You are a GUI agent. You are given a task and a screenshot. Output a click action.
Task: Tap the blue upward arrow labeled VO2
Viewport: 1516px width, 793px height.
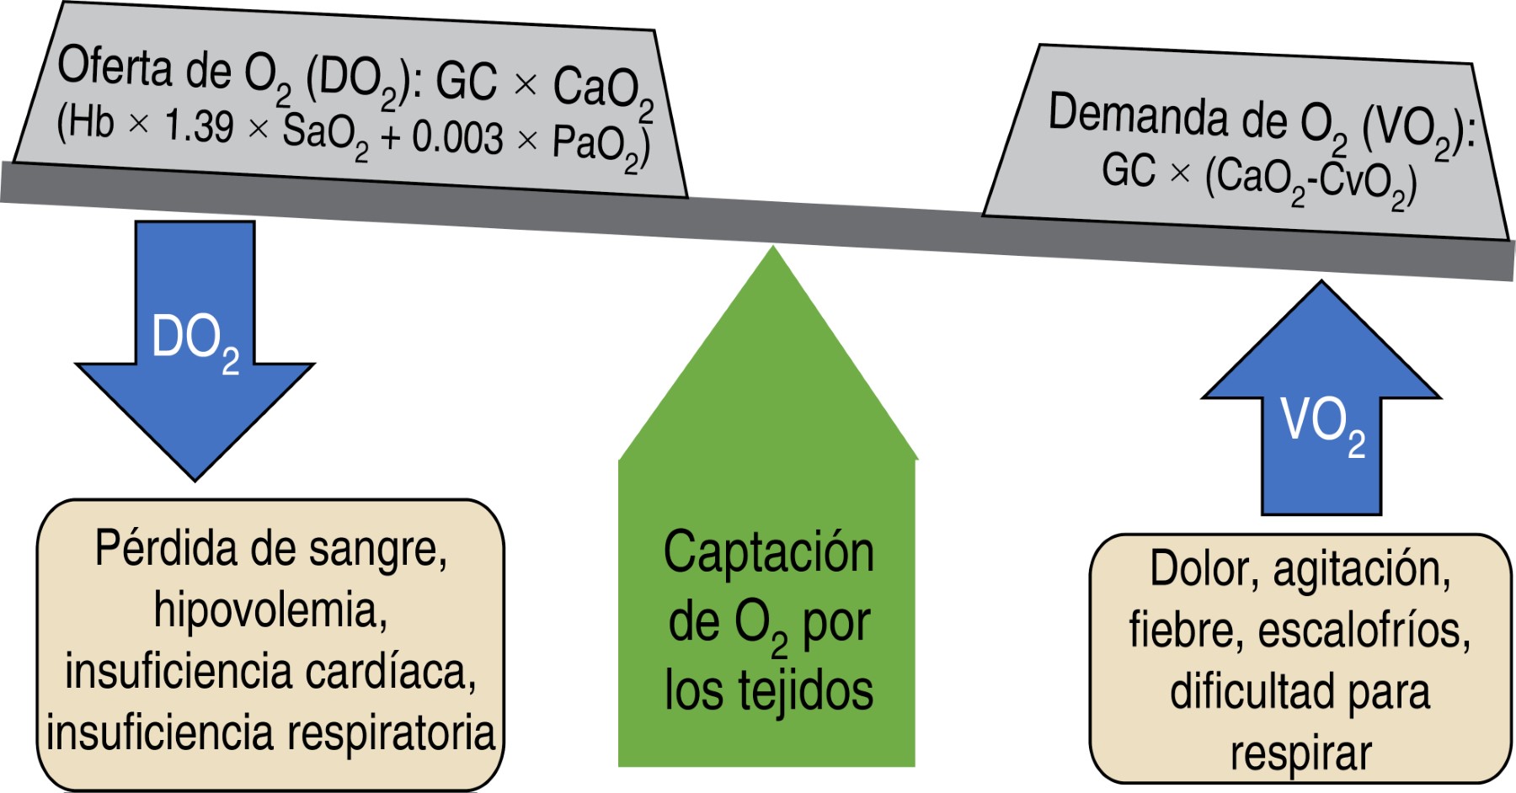[1321, 421]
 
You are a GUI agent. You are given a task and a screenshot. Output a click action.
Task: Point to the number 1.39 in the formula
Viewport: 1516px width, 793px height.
[199, 126]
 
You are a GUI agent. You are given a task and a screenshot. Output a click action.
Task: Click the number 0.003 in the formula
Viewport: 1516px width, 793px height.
[457, 137]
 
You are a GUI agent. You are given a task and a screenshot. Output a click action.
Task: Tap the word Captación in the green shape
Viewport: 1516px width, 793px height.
[768, 553]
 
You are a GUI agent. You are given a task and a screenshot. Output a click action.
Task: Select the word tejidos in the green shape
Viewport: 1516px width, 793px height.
[805, 691]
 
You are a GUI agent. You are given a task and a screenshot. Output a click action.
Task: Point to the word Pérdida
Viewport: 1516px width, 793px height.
[166, 549]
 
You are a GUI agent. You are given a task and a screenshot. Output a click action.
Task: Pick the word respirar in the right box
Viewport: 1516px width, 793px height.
[1300, 753]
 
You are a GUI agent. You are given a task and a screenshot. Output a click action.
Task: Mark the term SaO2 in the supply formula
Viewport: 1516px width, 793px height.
[325, 133]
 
